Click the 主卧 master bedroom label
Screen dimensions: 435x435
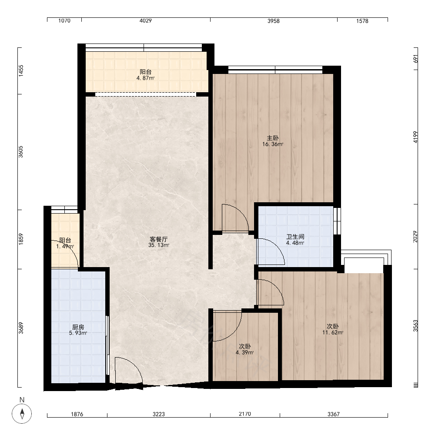point(273,138)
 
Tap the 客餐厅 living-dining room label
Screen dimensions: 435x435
point(159,239)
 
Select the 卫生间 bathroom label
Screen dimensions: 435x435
point(295,237)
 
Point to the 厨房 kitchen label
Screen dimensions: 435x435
point(78,327)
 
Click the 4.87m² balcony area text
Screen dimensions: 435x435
point(145,78)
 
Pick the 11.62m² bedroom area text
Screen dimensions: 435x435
point(333,332)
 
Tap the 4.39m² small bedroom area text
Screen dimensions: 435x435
point(244,353)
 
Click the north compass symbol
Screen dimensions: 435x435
point(22,413)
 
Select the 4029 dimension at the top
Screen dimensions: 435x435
point(146,20)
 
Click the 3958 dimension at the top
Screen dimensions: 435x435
point(274,21)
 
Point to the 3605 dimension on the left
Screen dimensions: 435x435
point(21,152)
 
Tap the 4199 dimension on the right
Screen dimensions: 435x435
point(415,137)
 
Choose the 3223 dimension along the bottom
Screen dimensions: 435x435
point(159,414)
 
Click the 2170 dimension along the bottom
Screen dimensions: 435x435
point(245,414)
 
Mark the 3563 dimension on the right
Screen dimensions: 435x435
point(415,326)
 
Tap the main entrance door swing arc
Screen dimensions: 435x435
point(135,365)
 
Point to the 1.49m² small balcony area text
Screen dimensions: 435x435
point(65,246)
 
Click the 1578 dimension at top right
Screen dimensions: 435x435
point(362,21)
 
